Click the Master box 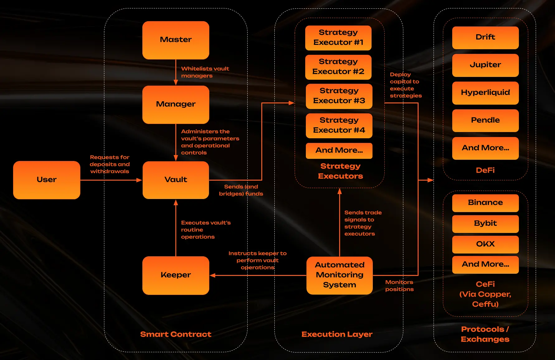click(176, 40)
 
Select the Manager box click(176, 104)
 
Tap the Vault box click(176, 180)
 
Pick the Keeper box click(176, 275)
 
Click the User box click(47, 180)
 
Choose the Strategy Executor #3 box click(339, 96)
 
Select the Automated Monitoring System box click(339, 275)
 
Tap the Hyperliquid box click(485, 93)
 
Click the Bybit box click(485, 224)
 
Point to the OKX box click(485, 244)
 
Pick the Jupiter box click(485, 65)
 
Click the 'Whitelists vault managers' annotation click(205, 72)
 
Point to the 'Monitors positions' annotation click(399, 286)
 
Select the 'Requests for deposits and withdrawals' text click(110, 164)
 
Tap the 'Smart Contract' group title click(176, 334)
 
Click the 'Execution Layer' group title click(337, 334)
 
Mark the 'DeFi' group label click(485, 170)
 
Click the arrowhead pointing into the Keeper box click(213, 275)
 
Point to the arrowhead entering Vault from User click(139, 180)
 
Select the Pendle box click(485, 120)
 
